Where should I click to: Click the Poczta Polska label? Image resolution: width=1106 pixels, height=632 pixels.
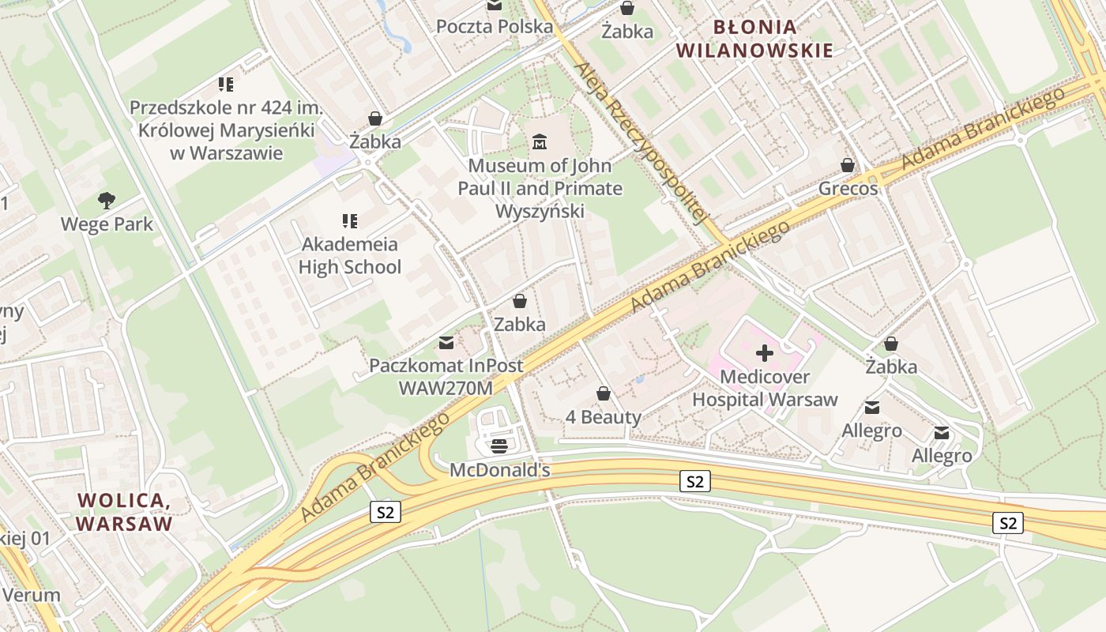pos(495,27)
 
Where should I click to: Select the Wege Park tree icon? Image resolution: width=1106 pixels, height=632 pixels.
pos(106,201)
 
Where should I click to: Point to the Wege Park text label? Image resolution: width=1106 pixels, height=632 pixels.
pos(107,224)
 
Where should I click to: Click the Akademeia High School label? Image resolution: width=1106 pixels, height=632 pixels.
pos(350,256)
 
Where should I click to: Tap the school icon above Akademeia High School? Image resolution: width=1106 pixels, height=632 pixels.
pos(350,221)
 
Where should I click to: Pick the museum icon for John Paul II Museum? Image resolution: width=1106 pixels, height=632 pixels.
pos(540,142)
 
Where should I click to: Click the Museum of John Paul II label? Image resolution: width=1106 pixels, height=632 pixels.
pos(540,189)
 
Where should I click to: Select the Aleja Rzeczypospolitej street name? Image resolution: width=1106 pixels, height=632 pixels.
pos(641,142)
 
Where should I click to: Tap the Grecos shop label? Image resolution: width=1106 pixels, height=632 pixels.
pos(848,189)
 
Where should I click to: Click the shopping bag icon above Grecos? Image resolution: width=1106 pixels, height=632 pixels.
pos(848,165)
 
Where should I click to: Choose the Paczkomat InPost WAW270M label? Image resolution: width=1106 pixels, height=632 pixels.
pos(446,377)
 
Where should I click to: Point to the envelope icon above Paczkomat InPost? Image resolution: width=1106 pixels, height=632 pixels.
pos(446,343)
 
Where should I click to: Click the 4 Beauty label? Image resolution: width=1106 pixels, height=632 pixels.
pos(604,417)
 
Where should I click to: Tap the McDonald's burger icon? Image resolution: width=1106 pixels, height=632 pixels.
pos(499,446)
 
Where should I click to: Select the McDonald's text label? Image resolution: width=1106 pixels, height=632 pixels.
pos(499,471)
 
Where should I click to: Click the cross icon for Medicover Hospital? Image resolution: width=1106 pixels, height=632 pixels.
pos(764,353)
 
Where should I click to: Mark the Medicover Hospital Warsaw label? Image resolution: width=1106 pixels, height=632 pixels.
pos(764,389)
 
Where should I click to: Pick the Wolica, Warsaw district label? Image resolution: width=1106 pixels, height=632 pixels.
pos(124,512)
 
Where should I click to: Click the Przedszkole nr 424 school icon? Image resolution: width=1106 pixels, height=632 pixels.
pos(226,84)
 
